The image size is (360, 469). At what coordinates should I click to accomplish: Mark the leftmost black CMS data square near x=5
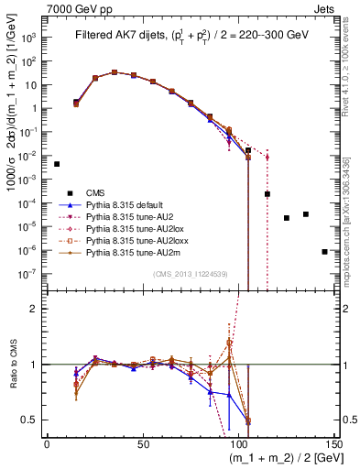point(57,164)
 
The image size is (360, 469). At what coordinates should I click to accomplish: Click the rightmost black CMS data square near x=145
point(324,251)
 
